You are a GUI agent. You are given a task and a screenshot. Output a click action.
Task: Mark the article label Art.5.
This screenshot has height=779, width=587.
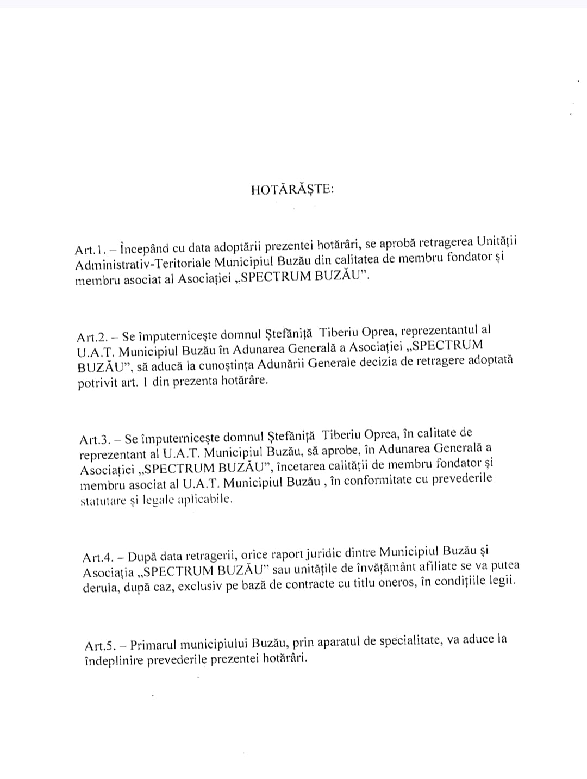coord(99,645)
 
